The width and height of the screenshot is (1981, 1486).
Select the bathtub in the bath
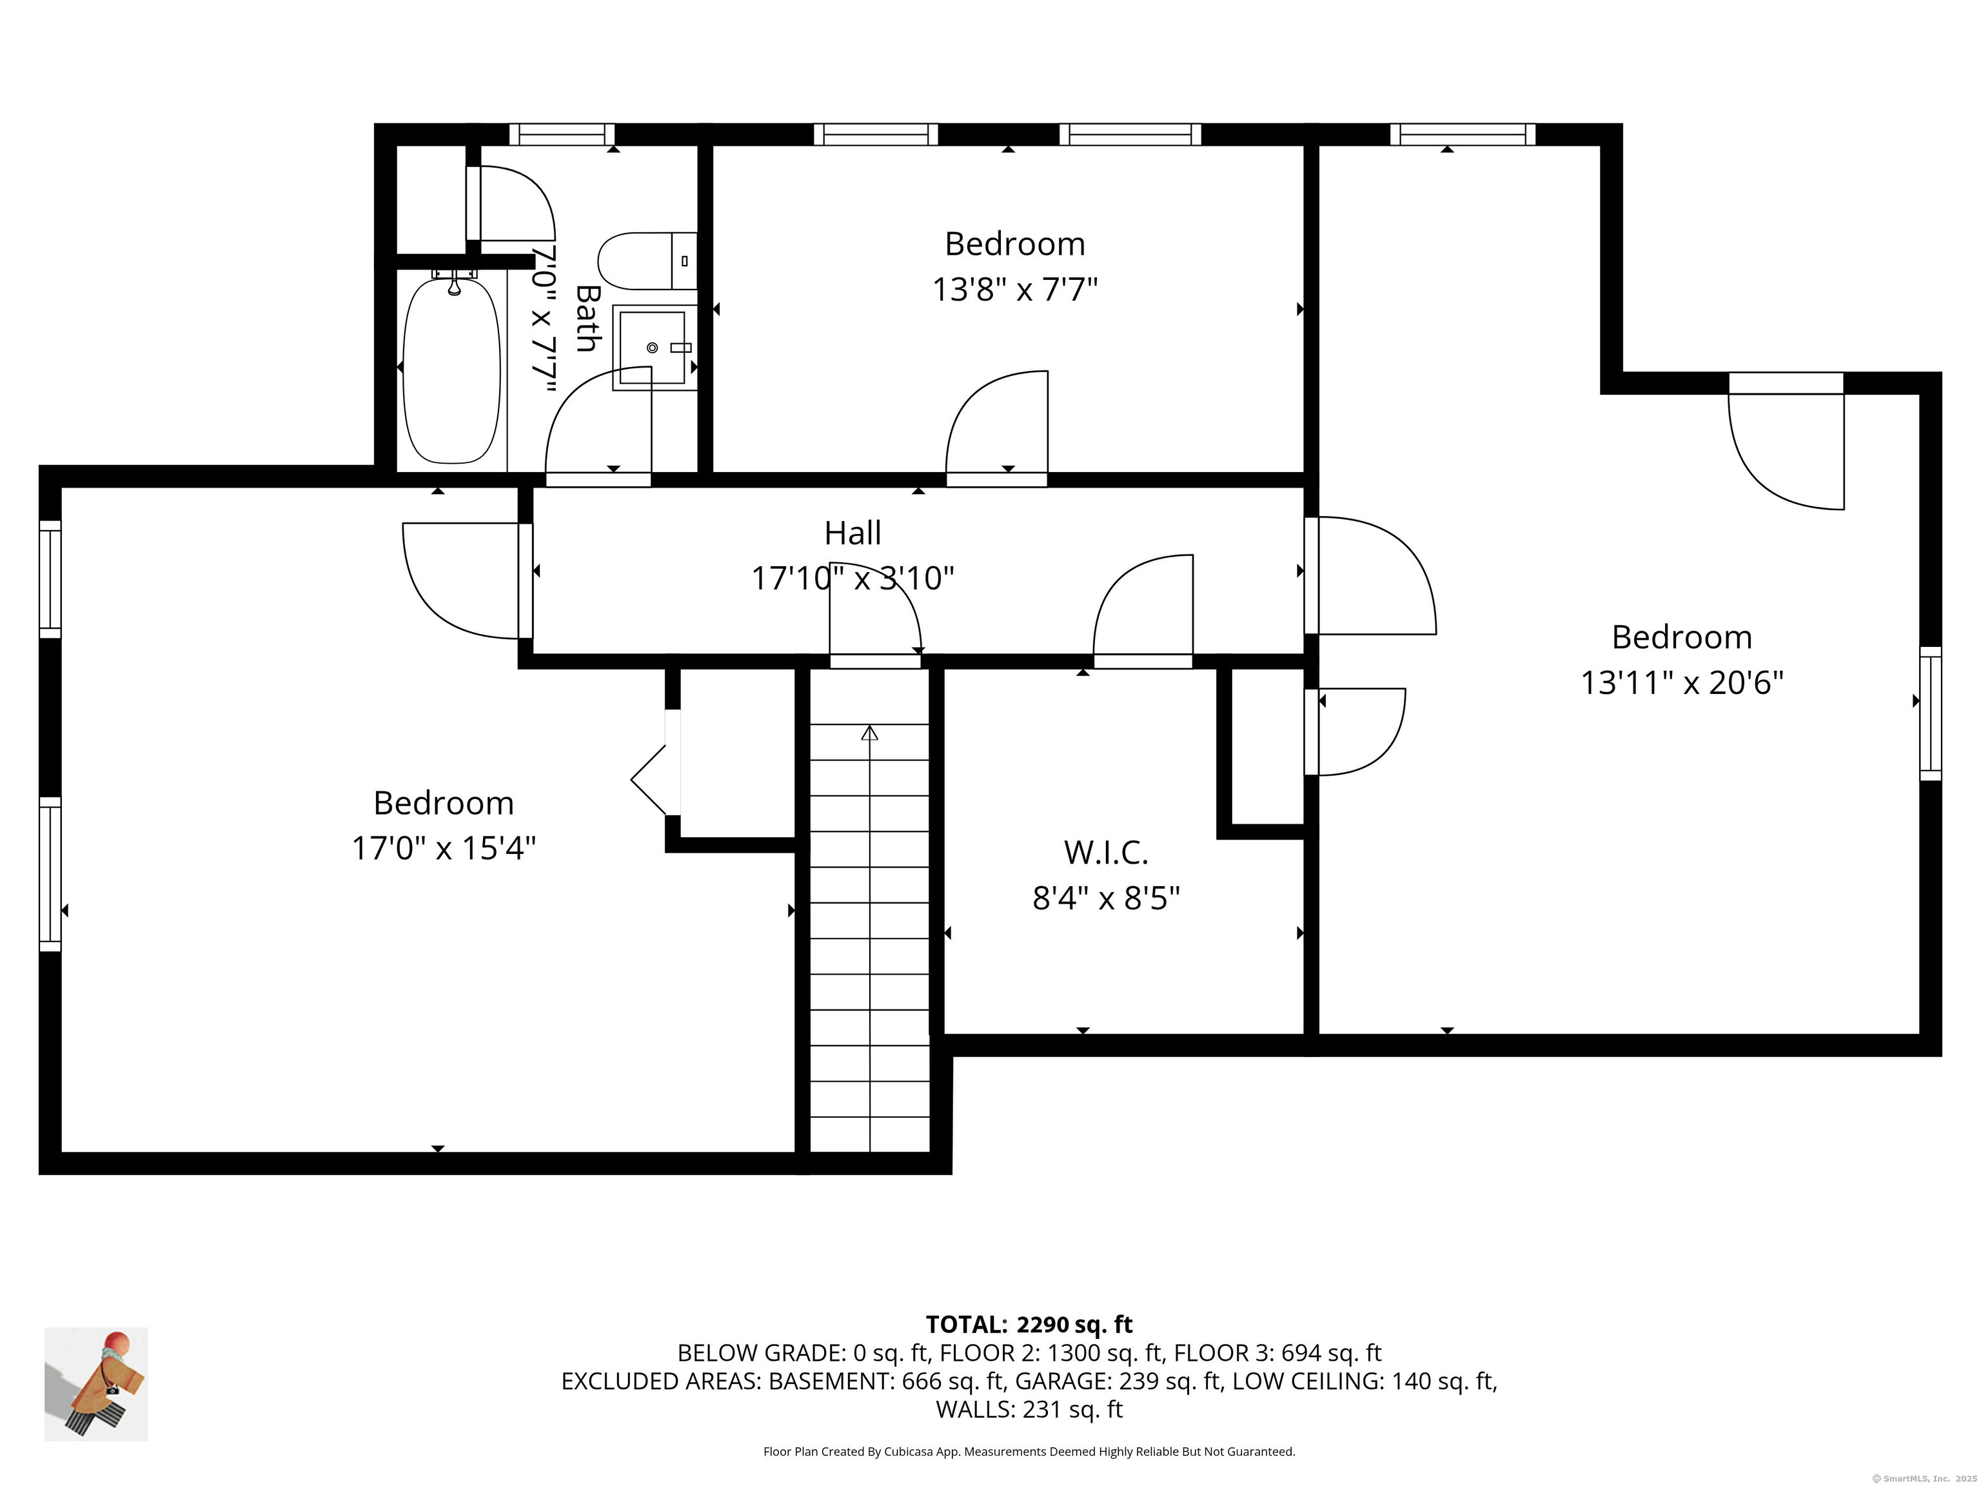pos(451,371)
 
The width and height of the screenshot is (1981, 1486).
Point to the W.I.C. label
pos(1106,852)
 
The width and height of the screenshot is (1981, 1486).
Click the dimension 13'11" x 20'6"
pos(1682,684)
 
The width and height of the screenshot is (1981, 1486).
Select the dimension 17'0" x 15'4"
pos(443,847)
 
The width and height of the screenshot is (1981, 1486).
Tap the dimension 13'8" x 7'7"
pos(1014,290)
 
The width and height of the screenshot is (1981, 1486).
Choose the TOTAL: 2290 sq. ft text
pos(1029,1324)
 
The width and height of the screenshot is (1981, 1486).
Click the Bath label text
pos(587,318)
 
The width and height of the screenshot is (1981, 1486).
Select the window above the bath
pos(562,134)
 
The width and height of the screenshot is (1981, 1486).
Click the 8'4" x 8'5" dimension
pos(1106,898)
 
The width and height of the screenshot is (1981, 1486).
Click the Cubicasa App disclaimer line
pos(1029,1451)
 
